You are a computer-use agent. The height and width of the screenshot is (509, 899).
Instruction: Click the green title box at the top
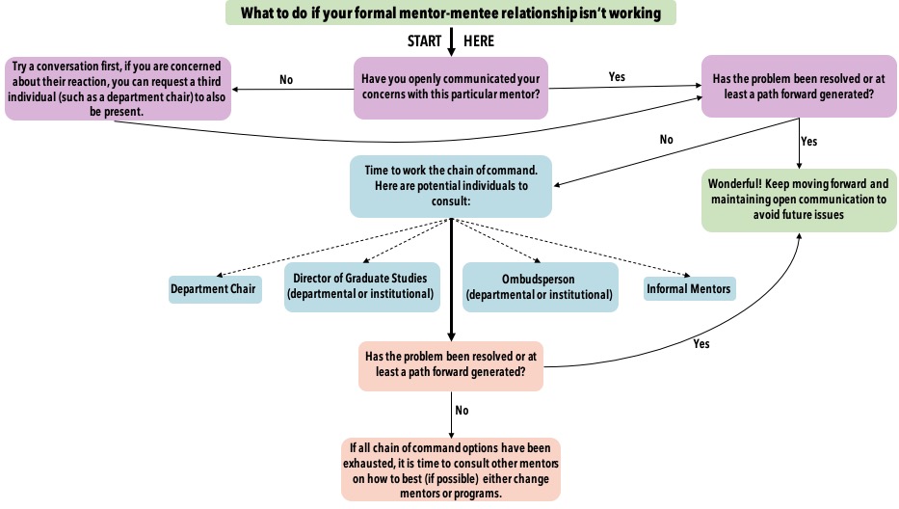pos(451,13)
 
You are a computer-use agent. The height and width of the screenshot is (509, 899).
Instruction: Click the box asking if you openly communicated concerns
pos(450,87)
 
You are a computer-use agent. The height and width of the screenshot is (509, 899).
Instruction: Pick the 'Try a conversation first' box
pos(118,88)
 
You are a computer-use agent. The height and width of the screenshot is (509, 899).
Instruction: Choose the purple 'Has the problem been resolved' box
pos(799,87)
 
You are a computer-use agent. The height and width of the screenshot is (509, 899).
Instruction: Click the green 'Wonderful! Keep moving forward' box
pos(799,201)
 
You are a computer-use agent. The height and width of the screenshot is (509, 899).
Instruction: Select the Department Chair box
pos(215,289)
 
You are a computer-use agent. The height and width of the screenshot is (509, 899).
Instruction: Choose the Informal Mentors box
pos(689,288)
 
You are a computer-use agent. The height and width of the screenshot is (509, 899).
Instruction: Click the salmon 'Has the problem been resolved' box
pos(450,365)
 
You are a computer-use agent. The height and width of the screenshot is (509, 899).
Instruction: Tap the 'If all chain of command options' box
pos(450,469)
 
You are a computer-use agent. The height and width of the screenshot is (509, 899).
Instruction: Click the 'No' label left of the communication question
pos(286,80)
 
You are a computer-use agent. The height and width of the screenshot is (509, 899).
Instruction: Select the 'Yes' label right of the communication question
pos(617,76)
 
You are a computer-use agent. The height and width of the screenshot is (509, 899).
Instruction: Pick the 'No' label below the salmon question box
pos(462,410)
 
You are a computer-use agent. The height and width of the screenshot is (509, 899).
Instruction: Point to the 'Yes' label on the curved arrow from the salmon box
pos(701,342)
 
